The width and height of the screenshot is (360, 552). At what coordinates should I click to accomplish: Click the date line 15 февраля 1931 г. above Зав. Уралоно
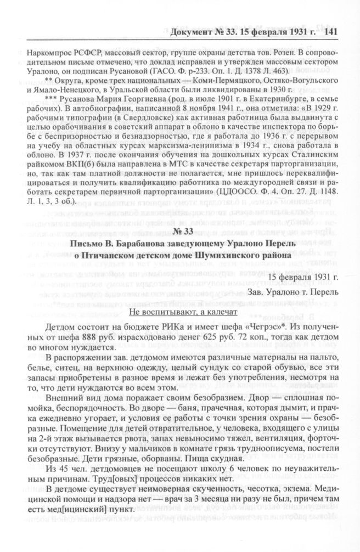306,287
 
